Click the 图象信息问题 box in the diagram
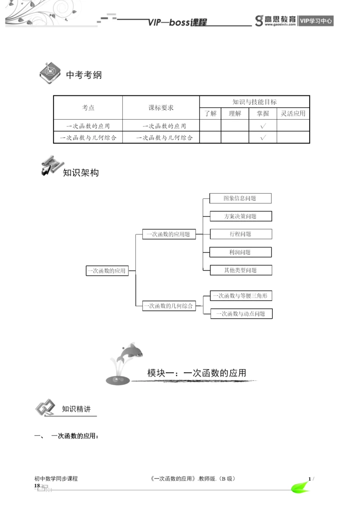(x=240, y=198)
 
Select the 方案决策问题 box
(x=240, y=216)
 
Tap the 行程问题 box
(x=240, y=234)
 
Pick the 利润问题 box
(x=240, y=252)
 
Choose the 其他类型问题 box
(x=240, y=270)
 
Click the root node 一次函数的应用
(x=107, y=270)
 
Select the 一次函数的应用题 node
(x=169, y=234)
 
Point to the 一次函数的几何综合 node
(x=169, y=306)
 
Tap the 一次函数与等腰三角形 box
(x=241, y=296)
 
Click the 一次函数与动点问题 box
(x=241, y=314)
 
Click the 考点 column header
(x=88, y=108)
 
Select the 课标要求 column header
(x=161, y=108)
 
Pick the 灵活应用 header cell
(x=293, y=113)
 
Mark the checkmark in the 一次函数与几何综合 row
(x=263, y=137)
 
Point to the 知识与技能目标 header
(x=254, y=102)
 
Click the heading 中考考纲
(x=84, y=75)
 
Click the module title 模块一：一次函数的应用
(x=197, y=373)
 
